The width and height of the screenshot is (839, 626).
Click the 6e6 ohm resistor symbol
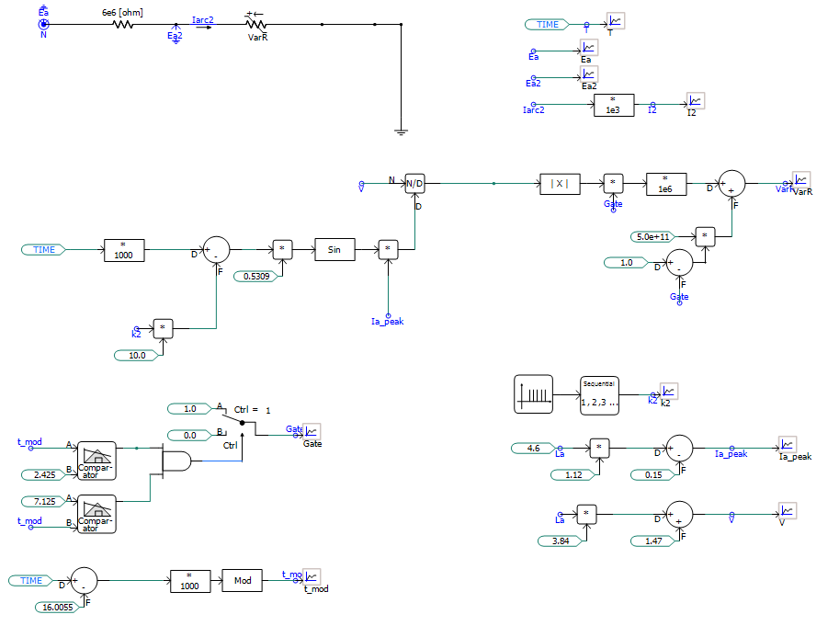click(123, 25)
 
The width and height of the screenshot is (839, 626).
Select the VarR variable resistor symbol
click(256, 25)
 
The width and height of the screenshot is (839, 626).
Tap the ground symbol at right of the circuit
click(401, 131)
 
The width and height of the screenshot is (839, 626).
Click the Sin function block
click(334, 249)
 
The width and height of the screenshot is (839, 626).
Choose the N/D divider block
click(415, 184)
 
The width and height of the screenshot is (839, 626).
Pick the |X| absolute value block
click(560, 184)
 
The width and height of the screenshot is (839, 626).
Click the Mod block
click(243, 581)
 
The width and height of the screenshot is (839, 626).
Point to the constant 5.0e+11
click(654, 236)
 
